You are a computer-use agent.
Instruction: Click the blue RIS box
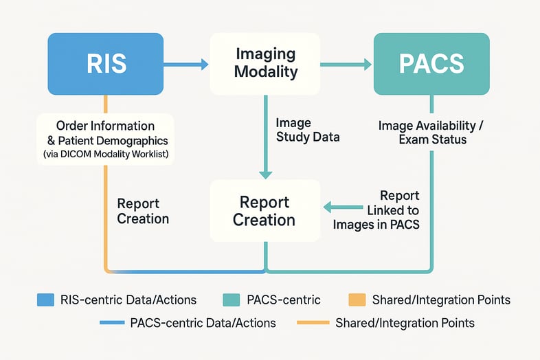105,64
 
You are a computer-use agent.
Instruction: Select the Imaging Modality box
265,64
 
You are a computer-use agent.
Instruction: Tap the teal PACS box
431,64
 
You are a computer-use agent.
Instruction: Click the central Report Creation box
265,211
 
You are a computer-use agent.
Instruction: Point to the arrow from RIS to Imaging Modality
185,65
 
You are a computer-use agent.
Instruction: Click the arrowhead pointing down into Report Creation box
265,173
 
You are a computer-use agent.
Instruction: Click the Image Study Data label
307,130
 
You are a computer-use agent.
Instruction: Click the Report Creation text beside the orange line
143,211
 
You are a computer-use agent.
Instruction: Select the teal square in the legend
233,300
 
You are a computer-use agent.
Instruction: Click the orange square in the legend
356,300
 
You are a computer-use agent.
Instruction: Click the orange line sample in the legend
313,322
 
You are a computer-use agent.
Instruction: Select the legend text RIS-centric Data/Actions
128,300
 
